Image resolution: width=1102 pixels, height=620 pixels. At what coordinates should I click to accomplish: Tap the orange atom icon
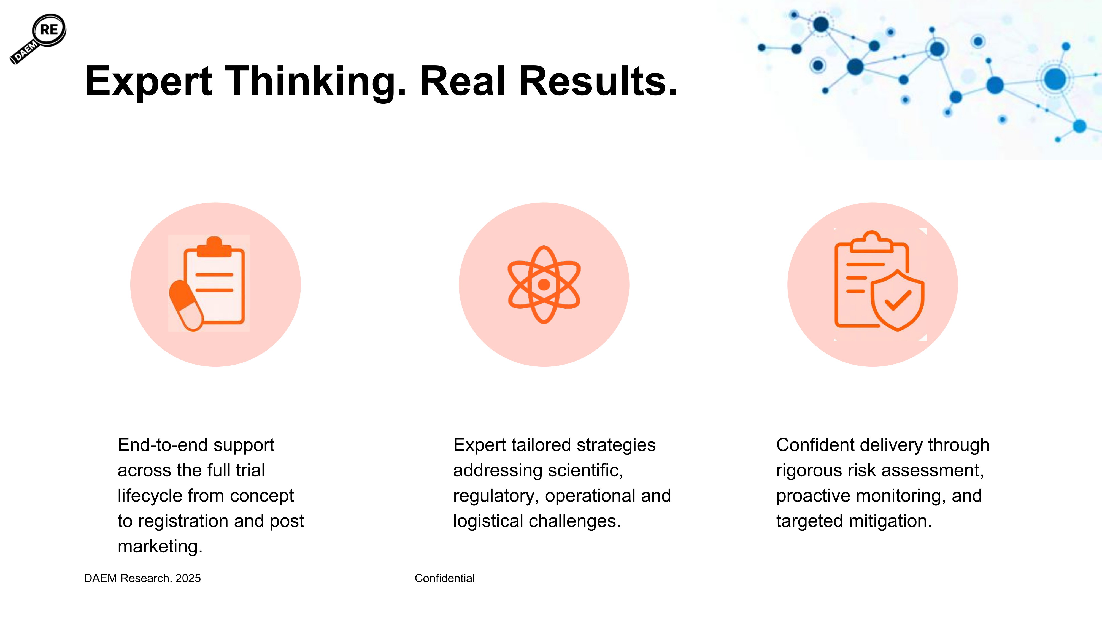544,285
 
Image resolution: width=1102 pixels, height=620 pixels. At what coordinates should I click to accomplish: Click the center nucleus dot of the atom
544,285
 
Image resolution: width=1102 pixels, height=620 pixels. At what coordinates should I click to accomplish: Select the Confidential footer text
444,578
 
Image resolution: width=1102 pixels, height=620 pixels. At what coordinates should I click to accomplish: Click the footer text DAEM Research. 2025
142,578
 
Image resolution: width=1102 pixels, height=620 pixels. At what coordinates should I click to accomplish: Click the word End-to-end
163,445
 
